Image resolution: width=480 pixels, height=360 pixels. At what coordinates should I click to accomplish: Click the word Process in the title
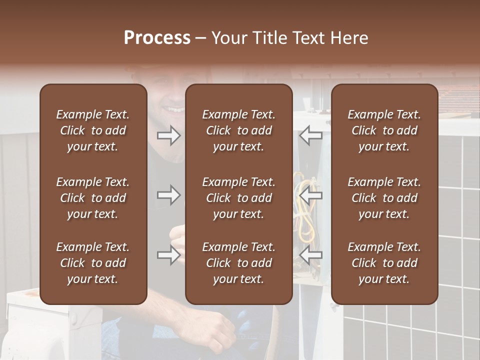click(157, 38)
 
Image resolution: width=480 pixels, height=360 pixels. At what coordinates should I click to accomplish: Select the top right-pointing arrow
click(169, 135)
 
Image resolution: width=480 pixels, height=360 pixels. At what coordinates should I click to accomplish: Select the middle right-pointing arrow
click(169, 195)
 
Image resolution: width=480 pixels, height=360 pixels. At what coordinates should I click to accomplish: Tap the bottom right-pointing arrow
click(169, 255)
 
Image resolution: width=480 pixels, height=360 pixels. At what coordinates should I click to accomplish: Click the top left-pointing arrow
click(310, 135)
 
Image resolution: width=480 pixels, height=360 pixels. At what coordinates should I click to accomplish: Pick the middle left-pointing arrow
click(310, 195)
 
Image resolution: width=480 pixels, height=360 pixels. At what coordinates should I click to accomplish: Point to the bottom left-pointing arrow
click(310, 255)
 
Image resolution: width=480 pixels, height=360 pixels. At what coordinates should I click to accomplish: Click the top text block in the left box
click(93, 130)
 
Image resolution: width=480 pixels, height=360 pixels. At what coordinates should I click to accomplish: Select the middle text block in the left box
click(93, 198)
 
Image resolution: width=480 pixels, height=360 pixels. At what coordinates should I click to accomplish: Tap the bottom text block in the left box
click(93, 263)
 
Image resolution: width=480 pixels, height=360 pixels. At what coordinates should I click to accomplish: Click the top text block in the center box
click(238, 130)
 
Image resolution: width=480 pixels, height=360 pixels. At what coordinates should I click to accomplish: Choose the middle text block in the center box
click(238, 198)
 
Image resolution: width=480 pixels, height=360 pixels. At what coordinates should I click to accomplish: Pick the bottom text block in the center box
click(238, 263)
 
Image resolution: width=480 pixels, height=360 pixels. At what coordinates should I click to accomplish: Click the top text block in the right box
click(384, 130)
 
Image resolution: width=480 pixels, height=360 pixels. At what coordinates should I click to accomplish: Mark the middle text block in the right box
click(384, 198)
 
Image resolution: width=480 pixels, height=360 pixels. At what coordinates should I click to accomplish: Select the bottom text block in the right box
click(384, 263)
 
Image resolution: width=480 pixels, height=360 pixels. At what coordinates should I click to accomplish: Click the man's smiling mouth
click(175, 108)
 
